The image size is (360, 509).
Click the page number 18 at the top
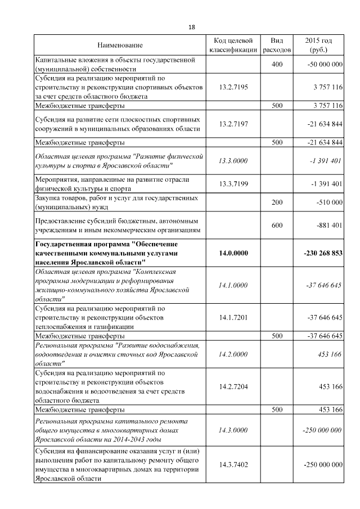coord(192,26)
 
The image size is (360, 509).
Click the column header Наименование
coord(120,45)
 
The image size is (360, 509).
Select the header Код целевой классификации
coord(233,45)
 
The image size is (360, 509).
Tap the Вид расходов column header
coord(277,45)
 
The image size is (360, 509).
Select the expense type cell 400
coord(277,65)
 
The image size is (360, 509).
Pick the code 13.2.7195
coord(233,87)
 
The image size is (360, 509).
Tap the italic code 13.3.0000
coord(233,161)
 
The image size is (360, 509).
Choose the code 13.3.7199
coord(233,184)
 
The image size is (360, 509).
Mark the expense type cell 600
coord(277,226)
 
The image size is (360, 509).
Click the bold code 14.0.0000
coord(233,253)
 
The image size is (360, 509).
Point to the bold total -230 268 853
coord(323,253)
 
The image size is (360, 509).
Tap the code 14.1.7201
coord(233,318)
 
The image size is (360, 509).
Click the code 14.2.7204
coord(233,386)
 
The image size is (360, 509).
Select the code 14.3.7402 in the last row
coord(233,465)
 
